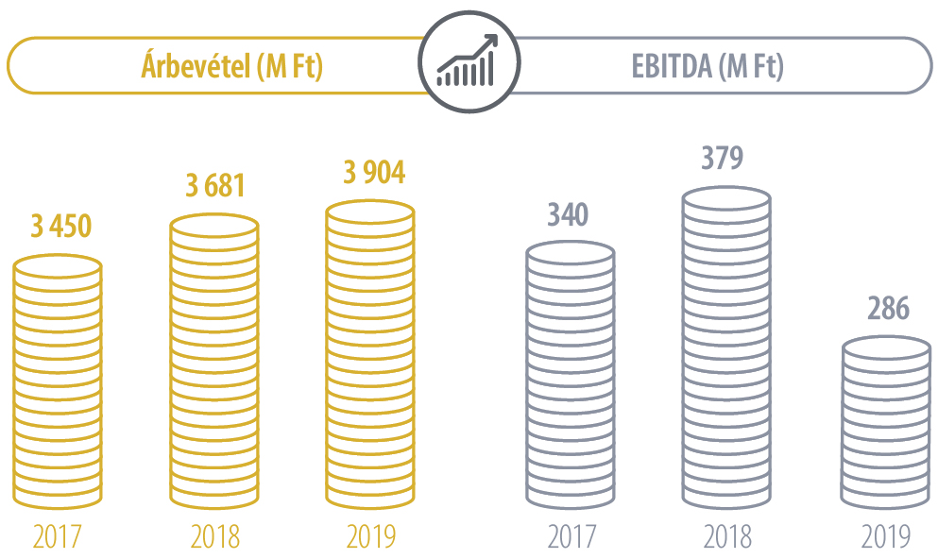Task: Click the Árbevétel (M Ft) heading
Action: point(231,67)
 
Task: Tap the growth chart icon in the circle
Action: point(468,64)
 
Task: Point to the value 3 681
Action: point(214,184)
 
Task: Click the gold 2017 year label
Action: point(58,536)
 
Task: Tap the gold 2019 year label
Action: point(369,536)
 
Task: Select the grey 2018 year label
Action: point(726,536)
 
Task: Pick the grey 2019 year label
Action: point(885,536)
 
